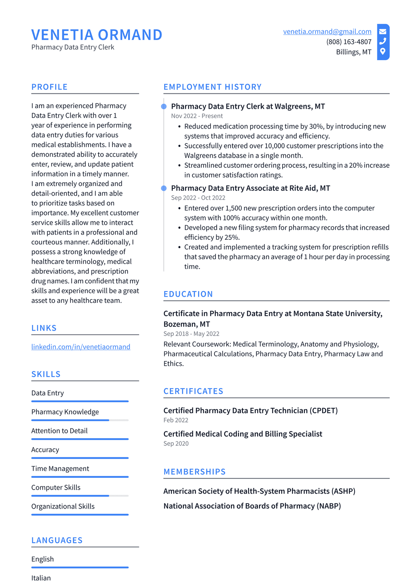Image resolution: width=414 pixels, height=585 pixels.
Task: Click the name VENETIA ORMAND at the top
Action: tap(97, 35)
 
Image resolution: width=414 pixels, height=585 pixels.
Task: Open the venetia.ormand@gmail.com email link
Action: tap(327, 32)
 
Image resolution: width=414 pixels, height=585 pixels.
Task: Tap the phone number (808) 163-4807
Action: tap(349, 42)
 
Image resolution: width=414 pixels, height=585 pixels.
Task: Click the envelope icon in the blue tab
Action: tap(382, 31)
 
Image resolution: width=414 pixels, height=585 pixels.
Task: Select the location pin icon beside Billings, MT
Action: tap(382, 51)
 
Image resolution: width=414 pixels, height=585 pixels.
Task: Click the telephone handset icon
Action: tap(382, 41)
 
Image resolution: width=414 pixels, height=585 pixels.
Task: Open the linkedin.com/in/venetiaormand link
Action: tap(81, 346)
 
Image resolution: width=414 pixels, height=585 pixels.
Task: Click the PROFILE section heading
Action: tap(49, 87)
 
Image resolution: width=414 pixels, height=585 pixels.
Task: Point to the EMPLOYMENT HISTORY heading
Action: tap(212, 87)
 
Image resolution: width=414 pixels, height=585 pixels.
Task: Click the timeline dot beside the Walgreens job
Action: tap(164, 107)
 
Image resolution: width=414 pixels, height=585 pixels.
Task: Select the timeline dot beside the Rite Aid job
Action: tap(164, 188)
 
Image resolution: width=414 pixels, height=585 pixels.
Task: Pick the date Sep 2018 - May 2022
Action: tap(191, 334)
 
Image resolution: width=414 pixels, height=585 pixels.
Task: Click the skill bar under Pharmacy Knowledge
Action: tap(80, 420)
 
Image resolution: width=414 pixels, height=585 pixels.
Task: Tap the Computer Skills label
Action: tap(56, 487)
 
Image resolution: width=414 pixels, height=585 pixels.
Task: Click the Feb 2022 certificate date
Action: tap(176, 420)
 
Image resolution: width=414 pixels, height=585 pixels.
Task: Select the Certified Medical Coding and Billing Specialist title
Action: tap(243, 434)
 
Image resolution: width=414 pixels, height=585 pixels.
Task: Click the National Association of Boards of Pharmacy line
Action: tap(252, 506)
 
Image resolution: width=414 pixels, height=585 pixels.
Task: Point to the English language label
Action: tap(42, 559)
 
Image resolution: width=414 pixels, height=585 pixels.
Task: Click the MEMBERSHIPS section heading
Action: tap(194, 472)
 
